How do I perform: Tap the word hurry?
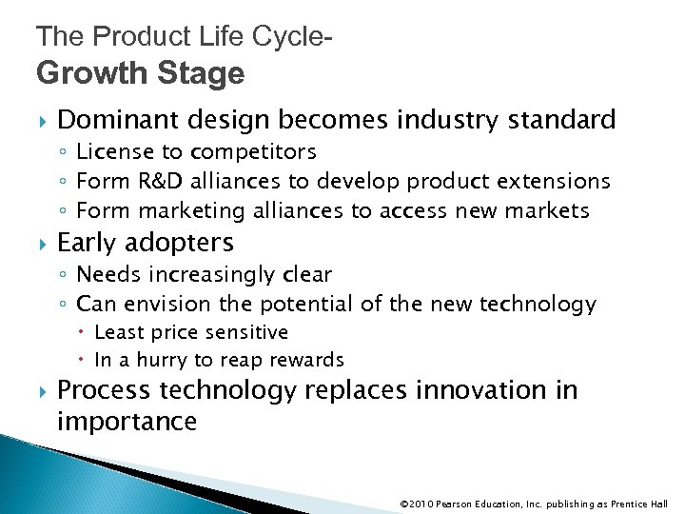pyautogui.click(x=163, y=360)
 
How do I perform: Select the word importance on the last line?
pyautogui.click(x=127, y=422)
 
